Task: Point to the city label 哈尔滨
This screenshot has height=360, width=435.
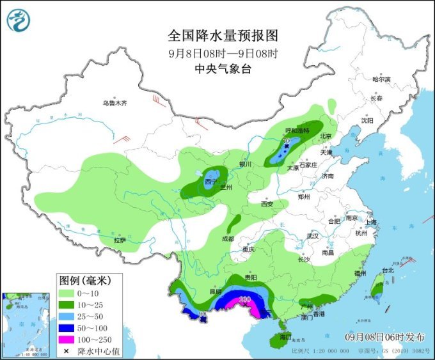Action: coord(381,79)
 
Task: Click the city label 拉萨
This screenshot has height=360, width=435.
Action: coord(120,240)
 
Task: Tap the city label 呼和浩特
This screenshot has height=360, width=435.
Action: coord(297,130)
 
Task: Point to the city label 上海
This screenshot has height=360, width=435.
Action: coord(371,222)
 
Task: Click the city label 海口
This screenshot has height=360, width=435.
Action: coord(285,336)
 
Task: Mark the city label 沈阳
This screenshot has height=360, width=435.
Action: coord(366,120)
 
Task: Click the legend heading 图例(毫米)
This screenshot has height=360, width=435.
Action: coord(85,280)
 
